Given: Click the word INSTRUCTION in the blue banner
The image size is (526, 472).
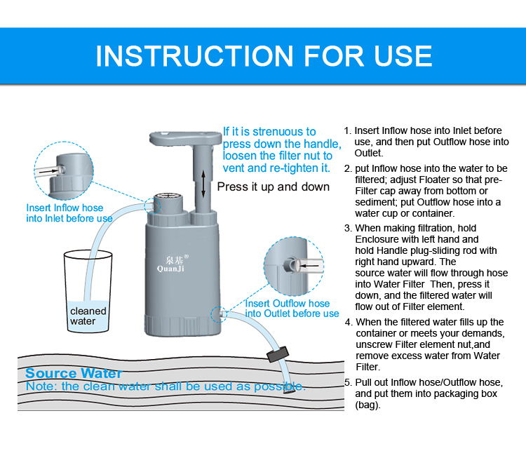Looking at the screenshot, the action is point(194,56).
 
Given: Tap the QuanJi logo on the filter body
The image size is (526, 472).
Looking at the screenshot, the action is point(170,269).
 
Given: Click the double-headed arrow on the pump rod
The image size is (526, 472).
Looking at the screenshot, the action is point(203,184).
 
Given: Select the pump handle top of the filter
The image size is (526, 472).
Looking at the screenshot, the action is point(185,138).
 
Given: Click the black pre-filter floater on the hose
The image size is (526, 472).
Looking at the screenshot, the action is point(278,354).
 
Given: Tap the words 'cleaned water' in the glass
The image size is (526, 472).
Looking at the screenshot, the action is point(88,316).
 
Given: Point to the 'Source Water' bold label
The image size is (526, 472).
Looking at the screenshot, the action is point(74,373).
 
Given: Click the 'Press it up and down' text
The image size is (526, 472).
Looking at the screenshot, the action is point(273,187).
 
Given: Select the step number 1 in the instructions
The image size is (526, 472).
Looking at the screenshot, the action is point(347,130).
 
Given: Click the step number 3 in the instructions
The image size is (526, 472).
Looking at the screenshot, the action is point(348,228).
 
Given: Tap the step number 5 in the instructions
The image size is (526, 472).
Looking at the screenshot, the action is point(348,382).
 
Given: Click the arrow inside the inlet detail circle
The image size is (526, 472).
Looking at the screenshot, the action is point(48,171).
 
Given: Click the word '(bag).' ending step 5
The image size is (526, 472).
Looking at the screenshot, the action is point(367,405).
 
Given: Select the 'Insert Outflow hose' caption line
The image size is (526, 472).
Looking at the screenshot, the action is point(288,303).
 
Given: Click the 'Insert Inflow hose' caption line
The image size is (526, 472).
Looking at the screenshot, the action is point(65,208).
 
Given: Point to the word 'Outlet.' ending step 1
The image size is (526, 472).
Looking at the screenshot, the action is point(369,153).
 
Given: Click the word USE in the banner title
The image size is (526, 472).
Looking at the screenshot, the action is point(403,56).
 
